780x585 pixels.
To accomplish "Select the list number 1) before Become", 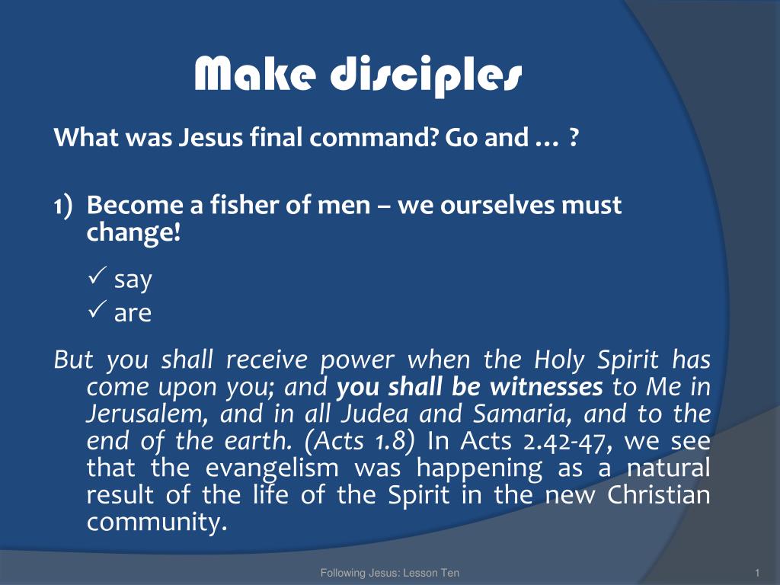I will click(62, 206).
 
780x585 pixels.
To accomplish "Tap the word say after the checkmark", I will click(133, 281).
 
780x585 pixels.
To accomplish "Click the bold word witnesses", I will click(546, 388).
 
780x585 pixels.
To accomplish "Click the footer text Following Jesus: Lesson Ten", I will click(389, 573).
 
